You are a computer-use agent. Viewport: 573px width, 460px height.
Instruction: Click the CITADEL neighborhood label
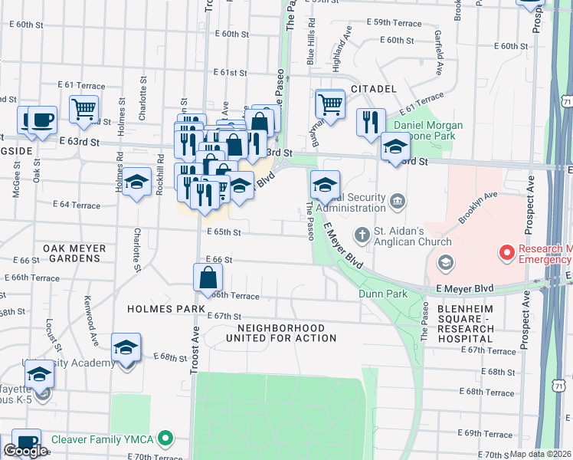point(373,90)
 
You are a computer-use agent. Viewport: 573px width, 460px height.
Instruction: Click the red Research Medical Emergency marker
point(506,251)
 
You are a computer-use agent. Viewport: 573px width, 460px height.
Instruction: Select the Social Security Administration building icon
point(397,202)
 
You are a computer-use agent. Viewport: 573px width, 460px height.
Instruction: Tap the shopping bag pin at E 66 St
point(209,278)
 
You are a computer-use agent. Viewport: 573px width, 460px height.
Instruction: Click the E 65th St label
point(223,232)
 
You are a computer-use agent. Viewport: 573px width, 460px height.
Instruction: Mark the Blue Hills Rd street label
point(311,41)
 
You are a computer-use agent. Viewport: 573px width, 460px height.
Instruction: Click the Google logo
point(25,451)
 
